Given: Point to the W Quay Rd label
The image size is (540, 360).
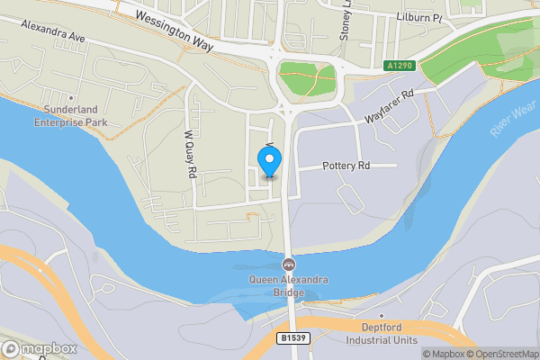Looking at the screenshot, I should pyautogui.click(x=190, y=155).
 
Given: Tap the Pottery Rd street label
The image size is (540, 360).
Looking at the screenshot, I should pyautogui.click(x=346, y=166).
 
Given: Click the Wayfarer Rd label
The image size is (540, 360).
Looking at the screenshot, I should pyautogui.click(x=388, y=107).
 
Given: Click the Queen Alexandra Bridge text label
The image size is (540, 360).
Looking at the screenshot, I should pyautogui.click(x=290, y=286).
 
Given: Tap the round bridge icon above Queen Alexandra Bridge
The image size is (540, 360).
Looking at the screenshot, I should pyautogui.click(x=290, y=265).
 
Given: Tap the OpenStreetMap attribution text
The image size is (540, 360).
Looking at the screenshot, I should pyautogui.click(x=499, y=354).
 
